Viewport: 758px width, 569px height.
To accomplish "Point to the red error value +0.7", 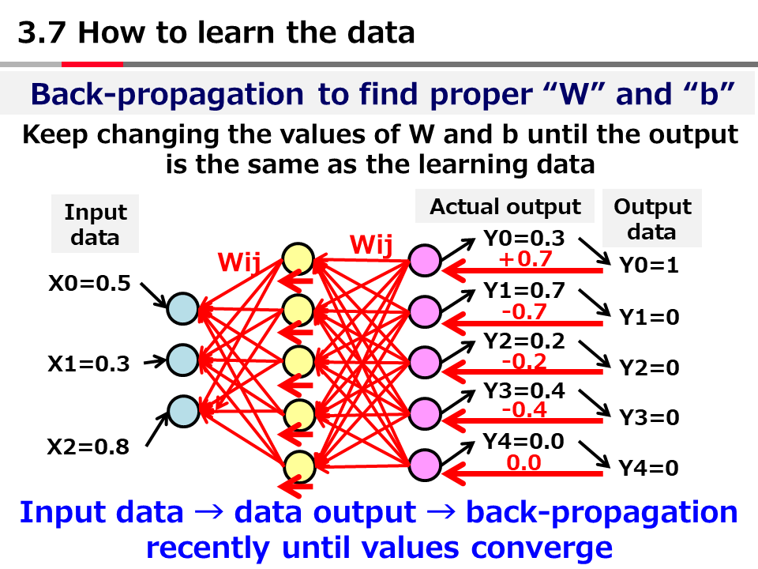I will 524,258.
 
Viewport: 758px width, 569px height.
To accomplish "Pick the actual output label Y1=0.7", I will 524,291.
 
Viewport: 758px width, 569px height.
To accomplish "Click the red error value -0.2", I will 524,360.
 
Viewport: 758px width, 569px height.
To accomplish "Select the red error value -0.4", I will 524,410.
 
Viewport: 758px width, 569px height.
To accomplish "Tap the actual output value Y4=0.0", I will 524,442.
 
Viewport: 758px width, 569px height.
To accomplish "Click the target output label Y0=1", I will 648,266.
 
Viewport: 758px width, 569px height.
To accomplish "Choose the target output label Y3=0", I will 648,418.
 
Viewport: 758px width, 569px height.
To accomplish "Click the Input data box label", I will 96,224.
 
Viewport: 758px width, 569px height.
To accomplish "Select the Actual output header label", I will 505,207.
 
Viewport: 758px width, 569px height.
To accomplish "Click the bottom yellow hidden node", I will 299,465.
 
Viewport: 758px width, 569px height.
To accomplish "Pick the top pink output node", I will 424,261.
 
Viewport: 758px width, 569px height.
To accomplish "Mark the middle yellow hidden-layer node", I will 299,361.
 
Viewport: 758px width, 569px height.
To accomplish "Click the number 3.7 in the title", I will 43,33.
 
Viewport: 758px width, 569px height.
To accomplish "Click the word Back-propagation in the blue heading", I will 167,94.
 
